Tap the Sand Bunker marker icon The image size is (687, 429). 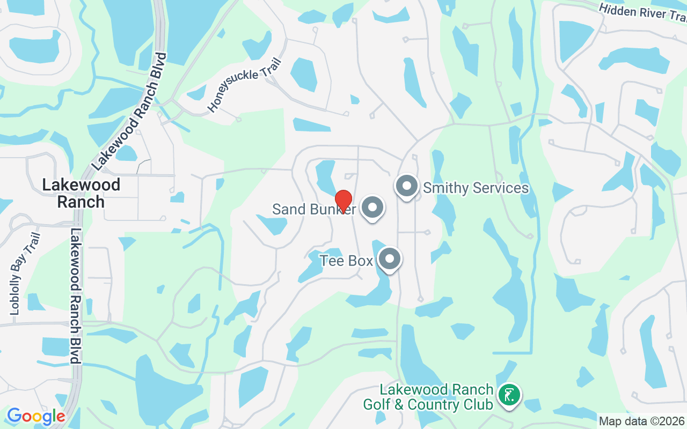coord(372,208)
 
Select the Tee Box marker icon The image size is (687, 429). coord(390,260)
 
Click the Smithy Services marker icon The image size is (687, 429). coord(407,186)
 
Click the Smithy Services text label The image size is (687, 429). coord(476,188)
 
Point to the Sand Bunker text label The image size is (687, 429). coord(313,209)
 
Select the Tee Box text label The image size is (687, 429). coord(346,261)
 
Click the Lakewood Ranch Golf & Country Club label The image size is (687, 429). coord(428,397)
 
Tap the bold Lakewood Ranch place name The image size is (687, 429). coord(81,193)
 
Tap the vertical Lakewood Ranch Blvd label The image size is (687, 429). coord(75,295)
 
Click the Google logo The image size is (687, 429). coord(36,416)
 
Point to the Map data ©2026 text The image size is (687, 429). coord(641,421)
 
